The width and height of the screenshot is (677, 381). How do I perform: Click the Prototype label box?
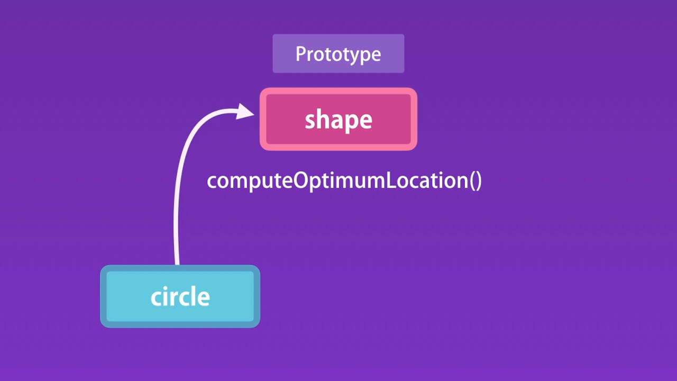pyautogui.click(x=338, y=53)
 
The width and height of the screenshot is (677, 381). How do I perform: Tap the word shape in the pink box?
pyautogui.click(x=338, y=120)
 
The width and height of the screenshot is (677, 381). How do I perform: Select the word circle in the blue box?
pyautogui.click(x=180, y=296)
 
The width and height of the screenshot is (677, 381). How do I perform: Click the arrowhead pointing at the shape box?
pyautogui.click(x=245, y=112)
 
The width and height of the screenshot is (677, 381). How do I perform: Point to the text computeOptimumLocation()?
pyautogui.click(x=344, y=180)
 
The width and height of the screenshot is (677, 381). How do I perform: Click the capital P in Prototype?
pyautogui.click(x=300, y=54)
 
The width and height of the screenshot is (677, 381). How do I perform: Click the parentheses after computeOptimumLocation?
pyautogui.click(x=474, y=181)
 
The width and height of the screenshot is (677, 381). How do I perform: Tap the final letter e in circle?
pyautogui.click(x=204, y=298)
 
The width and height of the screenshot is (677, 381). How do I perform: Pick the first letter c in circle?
pyautogui.click(x=156, y=298)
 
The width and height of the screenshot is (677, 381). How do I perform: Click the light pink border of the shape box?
pyautogui.click(x=338, y=91)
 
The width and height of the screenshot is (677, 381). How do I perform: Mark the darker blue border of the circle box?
pyautogui.click(x=180, y=268)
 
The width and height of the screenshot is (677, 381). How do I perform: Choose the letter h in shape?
pyautogui.click(x=324, y=120)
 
